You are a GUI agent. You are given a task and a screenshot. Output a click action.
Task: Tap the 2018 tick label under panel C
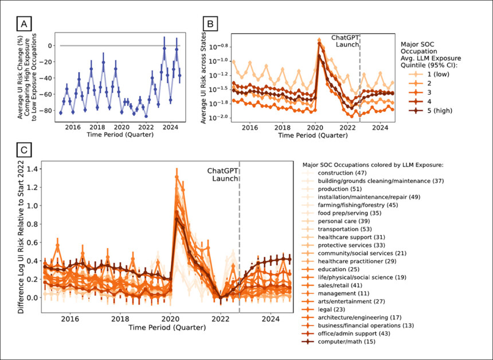pyautogui.click(x=119, y=319)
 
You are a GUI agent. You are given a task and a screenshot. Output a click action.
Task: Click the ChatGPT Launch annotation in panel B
pyautogui.click(x=346, y=41)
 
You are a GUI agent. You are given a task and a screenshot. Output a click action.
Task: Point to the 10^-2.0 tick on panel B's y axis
pyautogui.click(x=219, y=118)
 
